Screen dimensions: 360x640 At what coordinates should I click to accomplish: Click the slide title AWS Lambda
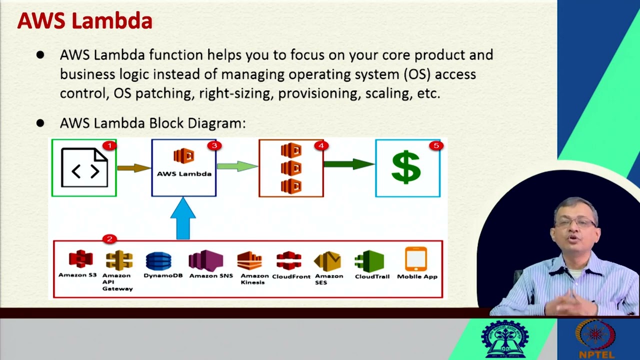84,21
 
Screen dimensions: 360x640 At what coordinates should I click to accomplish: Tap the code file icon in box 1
84,168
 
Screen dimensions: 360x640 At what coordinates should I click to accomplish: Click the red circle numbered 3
214,145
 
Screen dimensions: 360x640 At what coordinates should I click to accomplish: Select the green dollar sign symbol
406,167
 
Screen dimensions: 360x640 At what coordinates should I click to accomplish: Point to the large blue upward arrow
183,218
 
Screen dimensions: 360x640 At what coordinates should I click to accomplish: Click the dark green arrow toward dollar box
348,163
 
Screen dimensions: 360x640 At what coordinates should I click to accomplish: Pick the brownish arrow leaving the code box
133,168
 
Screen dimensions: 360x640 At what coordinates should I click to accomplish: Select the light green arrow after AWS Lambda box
237,166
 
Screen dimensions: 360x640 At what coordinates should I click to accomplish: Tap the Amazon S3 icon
80,259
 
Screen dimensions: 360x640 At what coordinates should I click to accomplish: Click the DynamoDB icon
158,261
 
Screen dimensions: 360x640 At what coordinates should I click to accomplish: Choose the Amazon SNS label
211,276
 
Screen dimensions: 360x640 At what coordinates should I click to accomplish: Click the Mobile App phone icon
416,259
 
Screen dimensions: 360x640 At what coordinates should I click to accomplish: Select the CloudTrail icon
369,261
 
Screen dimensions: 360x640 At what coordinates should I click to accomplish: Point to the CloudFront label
291,276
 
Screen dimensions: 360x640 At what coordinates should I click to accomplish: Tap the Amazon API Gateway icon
119,260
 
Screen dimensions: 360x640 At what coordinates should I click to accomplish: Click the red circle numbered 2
109,239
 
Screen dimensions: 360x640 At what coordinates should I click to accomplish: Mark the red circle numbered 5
436,145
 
